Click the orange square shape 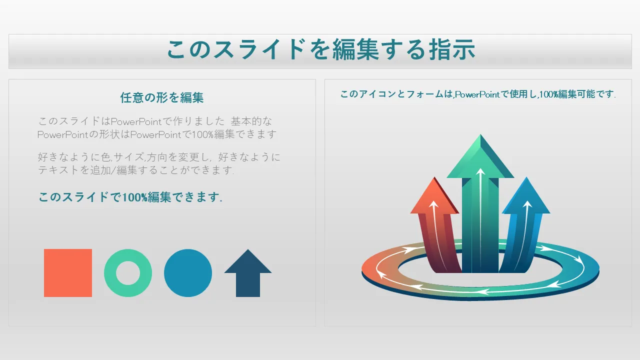pos(68,273)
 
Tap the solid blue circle pos(188,273)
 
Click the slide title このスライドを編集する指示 pos(321,50)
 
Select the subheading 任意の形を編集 pos(162,97)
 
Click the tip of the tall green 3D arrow pos(480,134)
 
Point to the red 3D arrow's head pos(434,197)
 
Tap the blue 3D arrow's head pos(526,197)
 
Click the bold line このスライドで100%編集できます pos(130,197)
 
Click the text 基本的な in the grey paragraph pos(251,121)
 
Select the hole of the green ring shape pos(128,273)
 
